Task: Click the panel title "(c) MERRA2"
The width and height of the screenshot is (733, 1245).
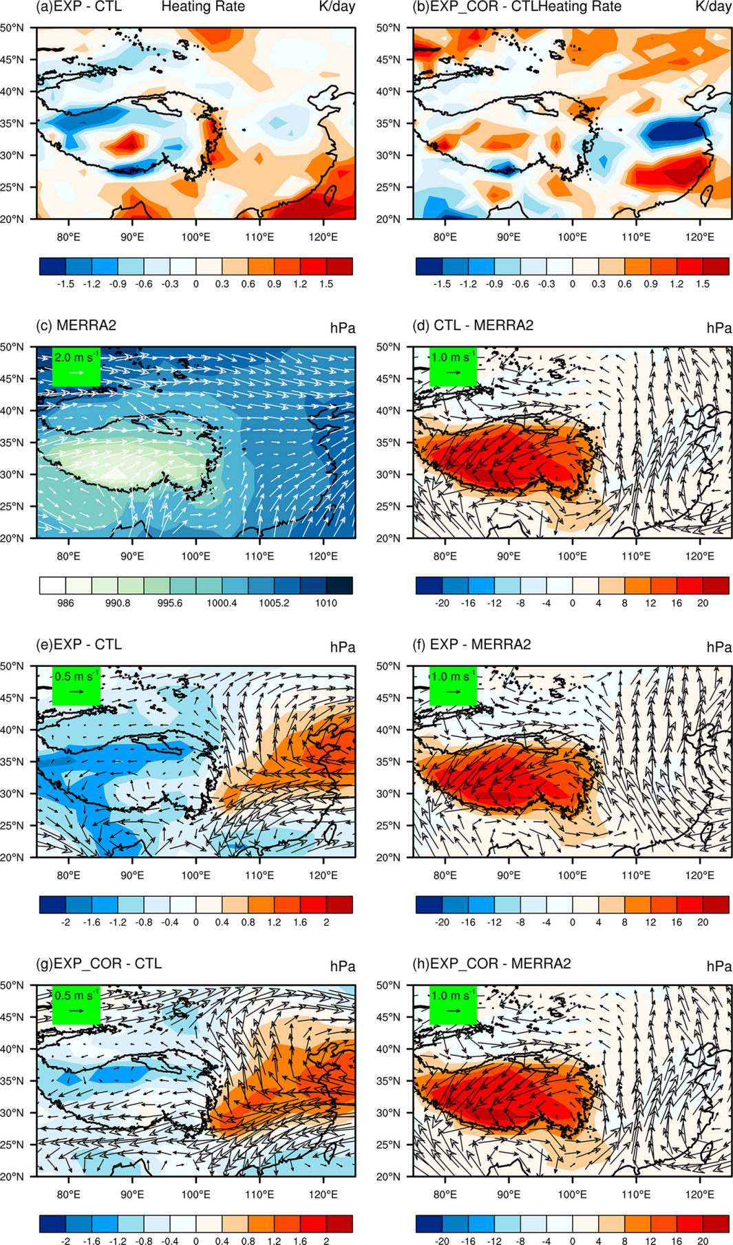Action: [76, 326]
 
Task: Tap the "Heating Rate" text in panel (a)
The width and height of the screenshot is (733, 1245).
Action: [203, 7]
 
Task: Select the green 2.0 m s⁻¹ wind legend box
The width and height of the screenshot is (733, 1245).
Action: [76, 367]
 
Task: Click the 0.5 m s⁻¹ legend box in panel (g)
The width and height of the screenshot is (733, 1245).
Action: [76, 1005]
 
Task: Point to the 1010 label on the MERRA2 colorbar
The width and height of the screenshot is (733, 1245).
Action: [326, 603]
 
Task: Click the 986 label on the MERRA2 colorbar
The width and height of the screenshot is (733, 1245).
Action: [65, 603]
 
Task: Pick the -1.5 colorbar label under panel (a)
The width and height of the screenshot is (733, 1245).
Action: [65, 284]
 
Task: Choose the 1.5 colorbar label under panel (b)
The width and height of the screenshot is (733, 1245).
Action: [703, 284]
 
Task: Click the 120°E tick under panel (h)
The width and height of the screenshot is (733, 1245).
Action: [700, 1194]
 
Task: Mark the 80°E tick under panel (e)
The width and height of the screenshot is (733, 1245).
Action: [69, 875]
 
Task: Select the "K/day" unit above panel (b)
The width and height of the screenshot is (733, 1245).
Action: [713, 7]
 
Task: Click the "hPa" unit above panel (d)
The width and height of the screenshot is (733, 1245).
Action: [719, 328]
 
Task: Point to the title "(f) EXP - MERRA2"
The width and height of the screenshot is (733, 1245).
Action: [471, 645]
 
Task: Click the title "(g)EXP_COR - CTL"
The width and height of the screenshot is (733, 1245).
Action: [98, 964]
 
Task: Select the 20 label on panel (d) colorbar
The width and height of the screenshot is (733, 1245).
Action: [703, 603]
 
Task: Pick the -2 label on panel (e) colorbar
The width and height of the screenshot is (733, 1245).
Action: [65, 922]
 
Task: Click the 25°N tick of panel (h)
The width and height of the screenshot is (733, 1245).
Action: [389, 1145]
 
